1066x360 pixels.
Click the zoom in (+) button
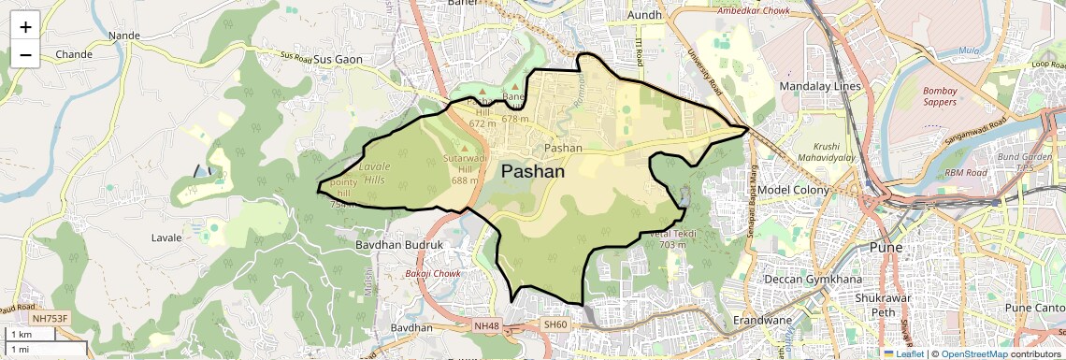click(25, 26)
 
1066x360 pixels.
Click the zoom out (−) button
click(25, 54)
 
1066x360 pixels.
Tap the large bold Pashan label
click(533, 171)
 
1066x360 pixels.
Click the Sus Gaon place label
click(338, 59)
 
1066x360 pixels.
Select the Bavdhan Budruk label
click(398, 244)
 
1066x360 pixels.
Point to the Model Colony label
click(794, 190)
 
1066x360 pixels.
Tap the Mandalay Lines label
click(819, 86)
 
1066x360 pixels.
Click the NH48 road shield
click(486, 325)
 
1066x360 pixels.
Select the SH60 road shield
click(555, 324)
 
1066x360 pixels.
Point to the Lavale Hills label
click(375, 172)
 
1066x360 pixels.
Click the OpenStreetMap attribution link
click(973, 353)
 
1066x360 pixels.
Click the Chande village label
click(74, 54)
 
